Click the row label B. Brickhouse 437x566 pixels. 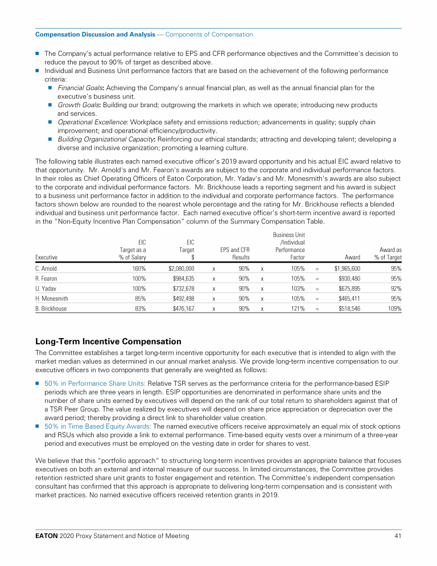pos(51,308)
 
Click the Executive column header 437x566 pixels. pos(46,258)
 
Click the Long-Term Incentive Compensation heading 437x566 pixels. pos(108,341)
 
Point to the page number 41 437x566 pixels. pos(398,536)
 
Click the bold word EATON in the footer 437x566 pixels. pos(47,536)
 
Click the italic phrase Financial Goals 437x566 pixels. pos(80,88)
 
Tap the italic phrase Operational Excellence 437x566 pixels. pos(92,122)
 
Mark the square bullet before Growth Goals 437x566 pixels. pos(51,105)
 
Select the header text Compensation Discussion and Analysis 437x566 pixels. pos(95,35)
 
